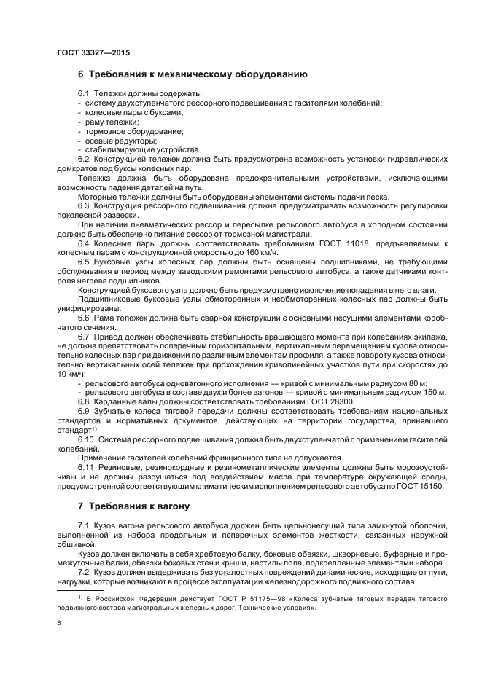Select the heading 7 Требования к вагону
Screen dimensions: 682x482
[134, 506]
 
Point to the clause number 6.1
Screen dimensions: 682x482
[83, 95]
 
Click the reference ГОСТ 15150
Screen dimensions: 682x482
[431, 486]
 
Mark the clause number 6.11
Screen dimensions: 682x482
[86, 467]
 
